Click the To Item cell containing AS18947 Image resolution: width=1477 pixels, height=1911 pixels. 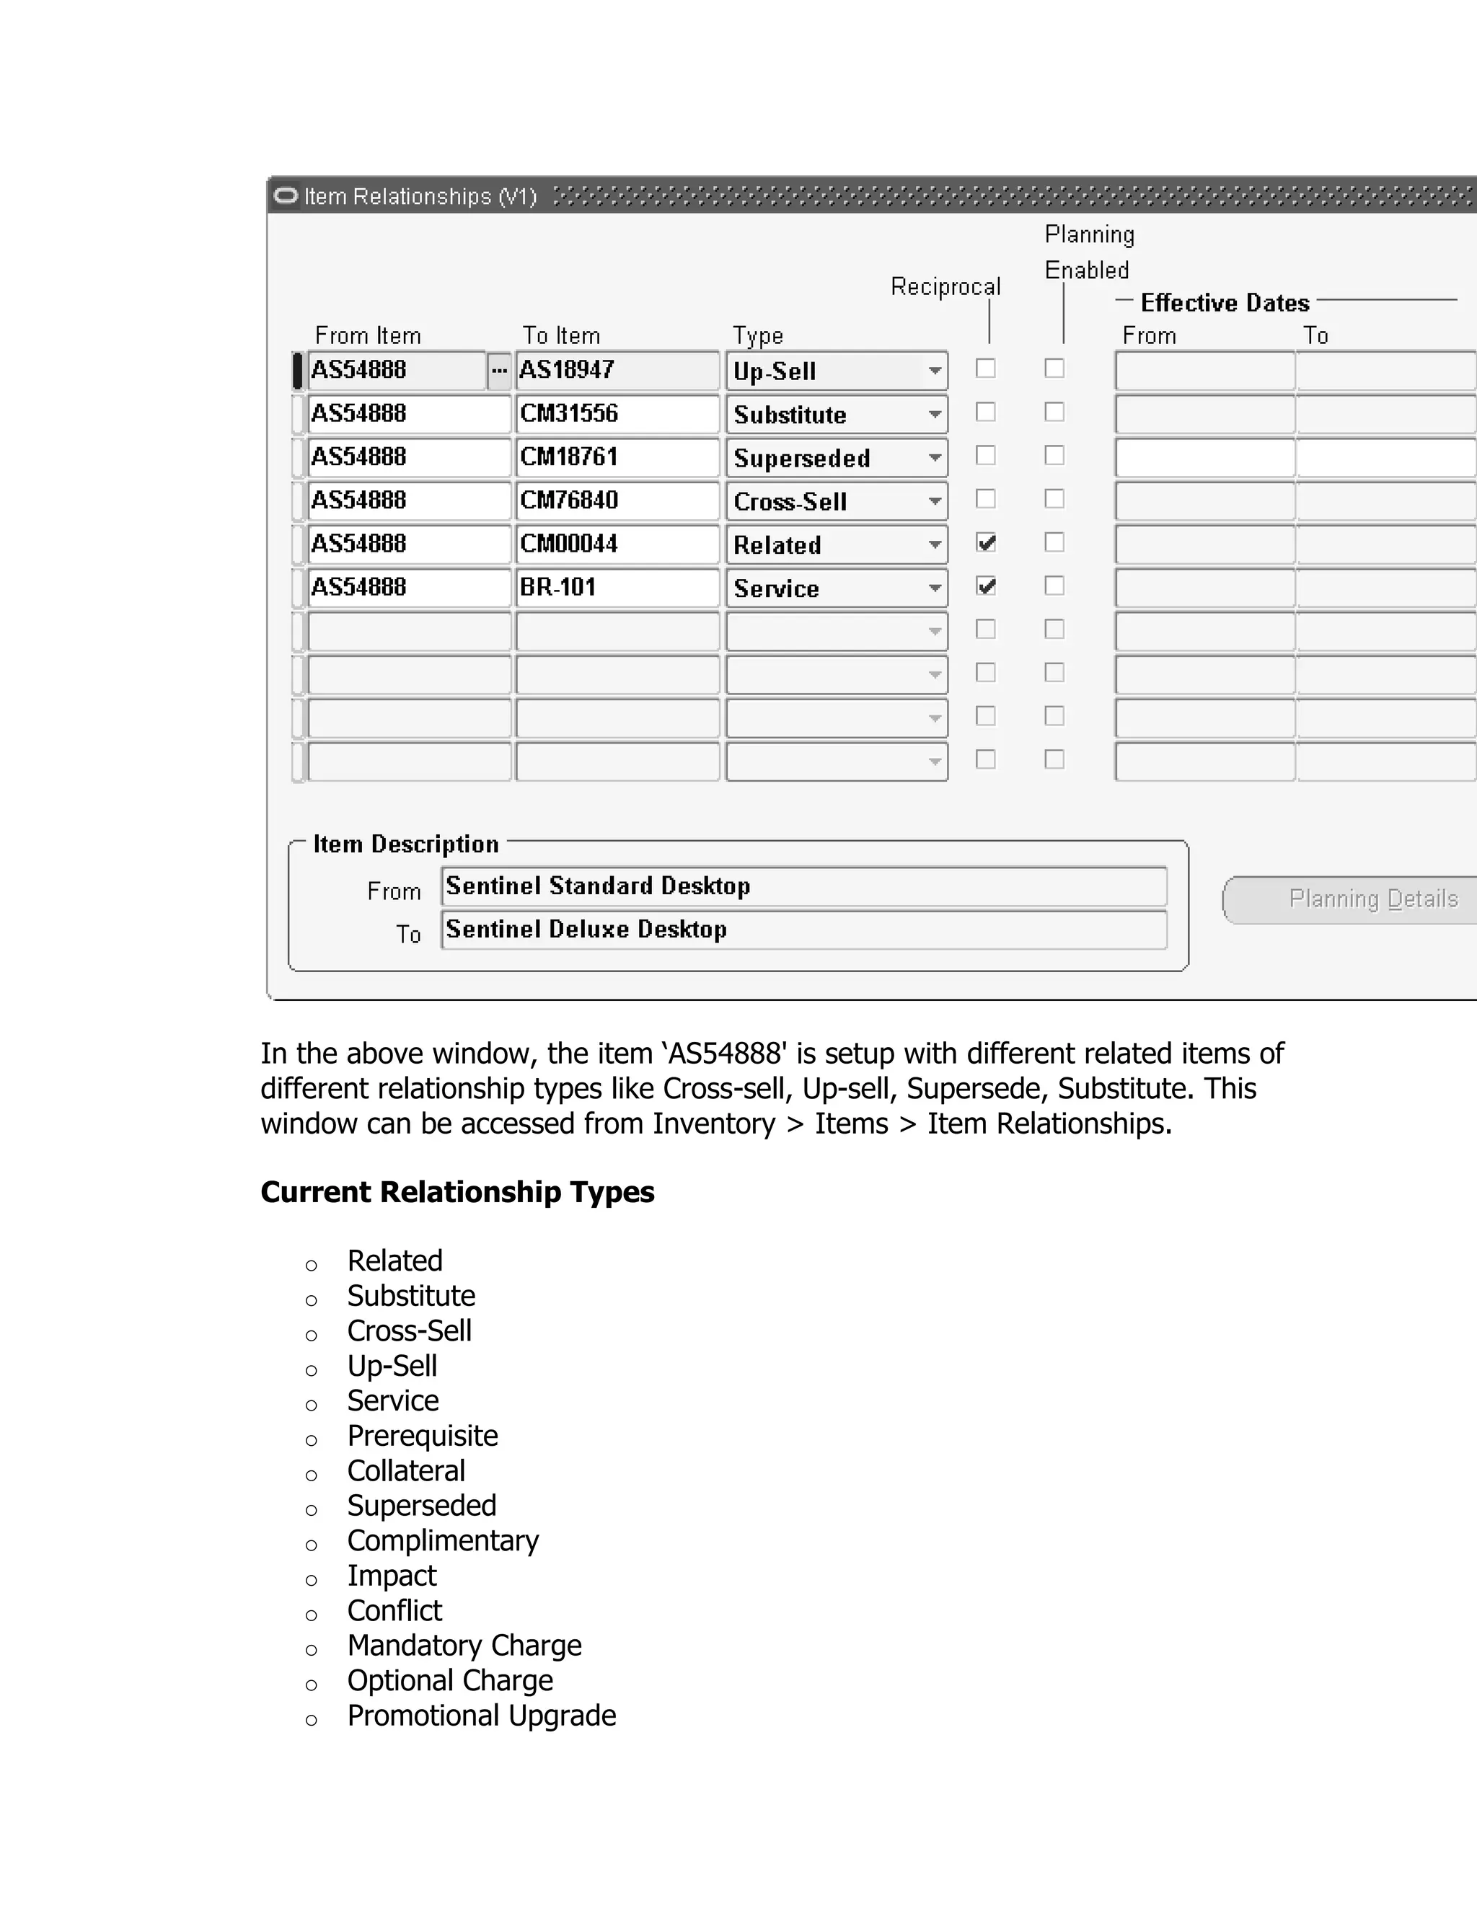pos(617,370)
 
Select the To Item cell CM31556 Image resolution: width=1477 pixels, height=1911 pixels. pos(617,414)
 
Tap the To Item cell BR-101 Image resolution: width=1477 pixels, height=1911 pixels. pos(617,587)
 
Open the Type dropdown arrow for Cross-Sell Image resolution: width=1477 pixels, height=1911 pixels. pos(935,501)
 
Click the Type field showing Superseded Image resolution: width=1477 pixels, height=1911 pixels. pos(827,458)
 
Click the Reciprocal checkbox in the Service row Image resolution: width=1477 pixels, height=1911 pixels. pos(986,586)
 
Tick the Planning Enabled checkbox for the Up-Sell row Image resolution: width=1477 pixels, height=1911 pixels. pos(1054,368)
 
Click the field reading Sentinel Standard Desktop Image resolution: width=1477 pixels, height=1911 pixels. pos(803,886)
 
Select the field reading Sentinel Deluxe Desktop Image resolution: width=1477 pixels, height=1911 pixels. pos(803,930)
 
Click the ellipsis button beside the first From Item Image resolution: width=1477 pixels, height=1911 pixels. pos(499,370)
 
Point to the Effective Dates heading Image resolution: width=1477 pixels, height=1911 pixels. pos(1224,303)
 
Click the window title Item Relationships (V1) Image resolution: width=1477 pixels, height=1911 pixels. pos(420,196)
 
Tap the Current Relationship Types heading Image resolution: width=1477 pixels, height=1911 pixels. pos(457,1192)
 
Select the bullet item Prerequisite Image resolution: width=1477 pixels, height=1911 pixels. pos(422,1436)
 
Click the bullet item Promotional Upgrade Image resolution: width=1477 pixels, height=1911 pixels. pos(481,1716)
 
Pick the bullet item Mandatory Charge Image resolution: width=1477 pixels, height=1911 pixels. pos(464,1646)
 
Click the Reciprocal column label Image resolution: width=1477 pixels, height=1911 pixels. pos(945,287)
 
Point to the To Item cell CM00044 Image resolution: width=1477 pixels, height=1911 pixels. pos(617,544)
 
